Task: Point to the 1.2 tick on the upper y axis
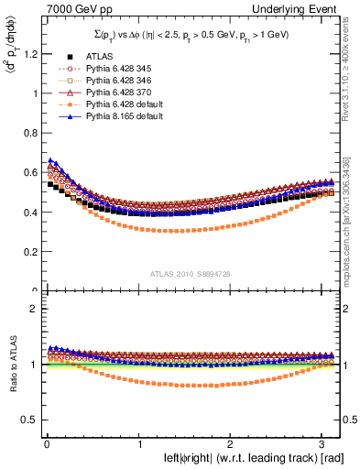(29, 53)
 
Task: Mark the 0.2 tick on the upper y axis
(29, 252)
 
